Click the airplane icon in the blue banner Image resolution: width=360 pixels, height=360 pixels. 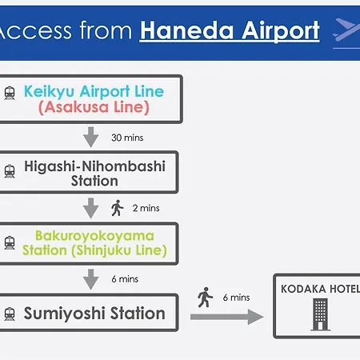click(346, 30)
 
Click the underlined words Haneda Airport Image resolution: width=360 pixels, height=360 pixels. click(230, 31)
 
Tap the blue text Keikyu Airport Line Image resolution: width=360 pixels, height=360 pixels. click(94, 91)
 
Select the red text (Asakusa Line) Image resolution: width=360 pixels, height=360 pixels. click(94, 107)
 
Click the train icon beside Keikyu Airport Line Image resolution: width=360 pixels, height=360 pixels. click(10, 93)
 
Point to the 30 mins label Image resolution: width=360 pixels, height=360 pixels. click(127, 138)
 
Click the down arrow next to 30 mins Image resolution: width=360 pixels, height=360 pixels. click(91, 137)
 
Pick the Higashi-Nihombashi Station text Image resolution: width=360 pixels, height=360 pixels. click(94, 174)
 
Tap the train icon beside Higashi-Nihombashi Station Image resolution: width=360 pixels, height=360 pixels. click(10, 171)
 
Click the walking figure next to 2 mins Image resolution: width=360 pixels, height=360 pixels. click(117, 208)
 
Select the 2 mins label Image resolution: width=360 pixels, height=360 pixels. click(146, 208)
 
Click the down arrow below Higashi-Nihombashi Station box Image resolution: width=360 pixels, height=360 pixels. click(91, 208)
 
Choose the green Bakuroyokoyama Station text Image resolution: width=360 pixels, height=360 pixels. click(94, 243)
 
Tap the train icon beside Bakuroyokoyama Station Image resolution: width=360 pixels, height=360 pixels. click(10, 242)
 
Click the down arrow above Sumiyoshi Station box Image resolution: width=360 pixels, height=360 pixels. click(91, 279)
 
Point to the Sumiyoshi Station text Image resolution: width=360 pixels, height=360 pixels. click(94, 314)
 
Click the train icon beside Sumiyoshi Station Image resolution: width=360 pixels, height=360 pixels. click(10, 314)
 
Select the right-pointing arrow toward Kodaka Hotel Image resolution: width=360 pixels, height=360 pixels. click(227, 317)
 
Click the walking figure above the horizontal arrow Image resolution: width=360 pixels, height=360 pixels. click(205, 298)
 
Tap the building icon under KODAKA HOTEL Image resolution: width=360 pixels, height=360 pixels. click(320, 314)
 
